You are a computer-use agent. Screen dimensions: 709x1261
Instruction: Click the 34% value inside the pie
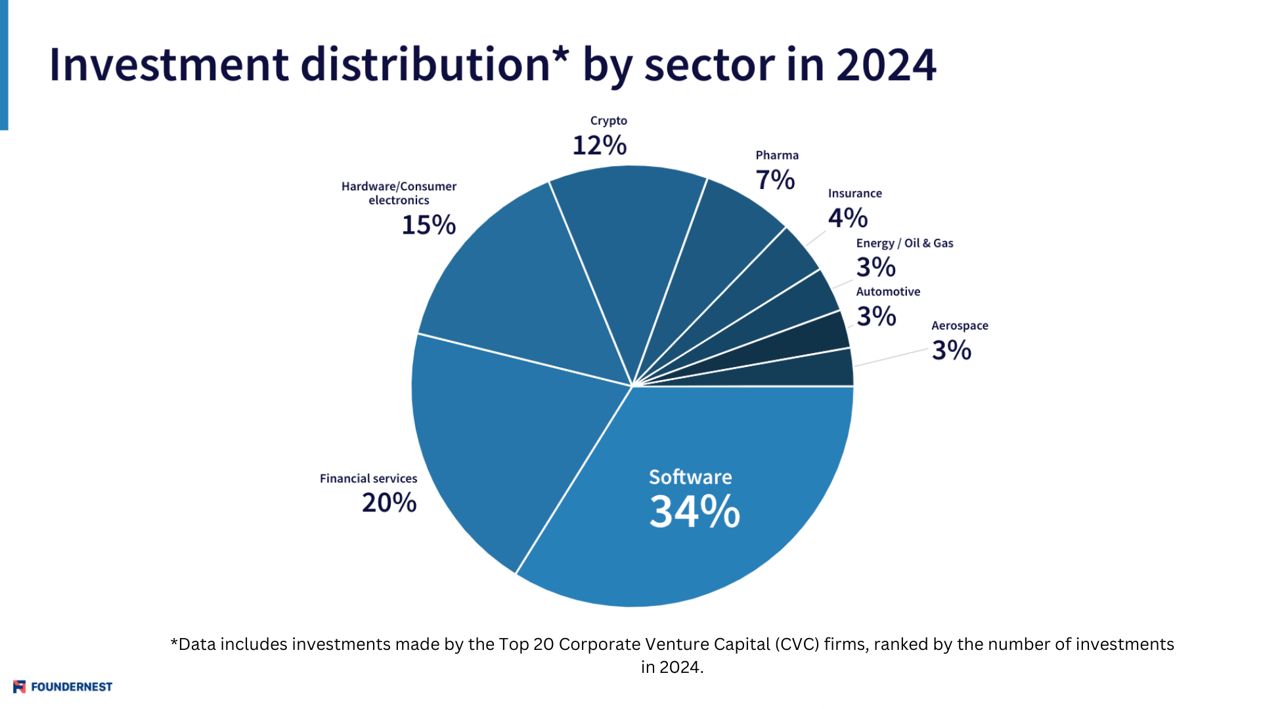pos(694,511)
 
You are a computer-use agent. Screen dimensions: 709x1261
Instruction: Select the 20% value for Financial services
pos(389,503)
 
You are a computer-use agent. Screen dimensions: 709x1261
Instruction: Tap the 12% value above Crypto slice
pos(599,145)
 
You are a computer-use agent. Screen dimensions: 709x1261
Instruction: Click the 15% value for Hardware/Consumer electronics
pos(428,225)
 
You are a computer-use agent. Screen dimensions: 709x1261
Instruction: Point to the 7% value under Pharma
pos(775,180)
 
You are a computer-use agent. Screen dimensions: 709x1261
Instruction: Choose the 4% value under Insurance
pos(847,218)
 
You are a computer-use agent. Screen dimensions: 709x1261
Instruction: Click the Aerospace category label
pos(959,326)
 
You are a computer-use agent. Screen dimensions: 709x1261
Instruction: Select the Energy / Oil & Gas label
pos(904,243)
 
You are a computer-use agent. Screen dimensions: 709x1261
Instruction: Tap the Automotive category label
pos(888,291)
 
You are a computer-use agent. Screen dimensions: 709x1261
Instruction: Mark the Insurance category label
pos(854,194)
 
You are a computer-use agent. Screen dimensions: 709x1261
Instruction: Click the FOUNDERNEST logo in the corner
pos(63,687)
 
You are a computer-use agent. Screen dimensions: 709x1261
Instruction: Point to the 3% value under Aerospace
pos(951,351)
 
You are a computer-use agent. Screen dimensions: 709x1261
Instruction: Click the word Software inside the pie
pos(690,477)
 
